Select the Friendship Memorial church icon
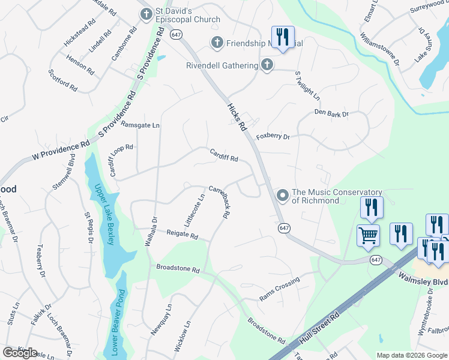pos(217,43)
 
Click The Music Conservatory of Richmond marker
pos(282,196)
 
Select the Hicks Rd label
pos(237,117)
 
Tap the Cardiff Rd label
pos(224,155)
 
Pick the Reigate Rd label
pos(182,235)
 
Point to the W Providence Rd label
pos(60,151)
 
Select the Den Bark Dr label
pos(331,113)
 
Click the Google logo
pos(20,352)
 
